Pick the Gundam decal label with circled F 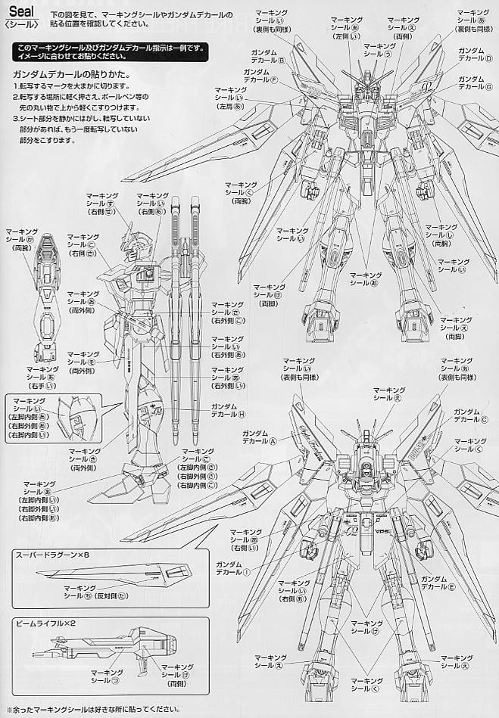tap(260, 76)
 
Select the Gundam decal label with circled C tap(470, 415)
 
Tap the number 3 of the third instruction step tap(14, 119)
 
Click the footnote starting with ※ tap(91, 710)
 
